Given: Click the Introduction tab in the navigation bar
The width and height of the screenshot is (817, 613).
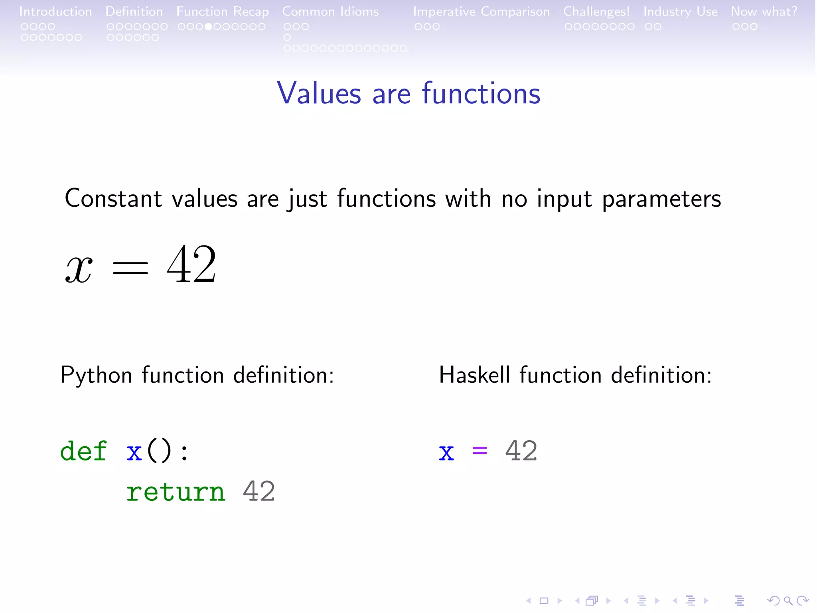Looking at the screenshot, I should pos(55,12).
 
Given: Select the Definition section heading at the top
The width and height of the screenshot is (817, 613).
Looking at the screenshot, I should pos(134,12).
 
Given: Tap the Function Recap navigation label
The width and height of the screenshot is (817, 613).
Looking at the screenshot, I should pos(223,12).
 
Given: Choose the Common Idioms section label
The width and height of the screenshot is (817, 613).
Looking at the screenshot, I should pos(330,12).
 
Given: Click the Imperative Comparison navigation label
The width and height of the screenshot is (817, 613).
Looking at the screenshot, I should pos(481,12).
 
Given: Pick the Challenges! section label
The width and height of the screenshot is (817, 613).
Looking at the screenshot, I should pos(596,12).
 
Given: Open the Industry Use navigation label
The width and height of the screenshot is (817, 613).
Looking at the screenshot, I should pos(680,12).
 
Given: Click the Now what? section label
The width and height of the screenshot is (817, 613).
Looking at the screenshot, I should pos(764,12).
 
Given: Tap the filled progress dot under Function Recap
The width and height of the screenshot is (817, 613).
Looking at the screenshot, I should pos(208,27).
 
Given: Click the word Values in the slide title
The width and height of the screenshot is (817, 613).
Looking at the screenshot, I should pos(319,93).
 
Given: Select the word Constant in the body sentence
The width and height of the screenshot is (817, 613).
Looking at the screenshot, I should pos(113,198).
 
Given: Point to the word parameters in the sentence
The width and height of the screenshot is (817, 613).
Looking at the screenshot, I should pos(661,199).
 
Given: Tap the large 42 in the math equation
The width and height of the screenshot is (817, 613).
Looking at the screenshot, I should pos(191,265).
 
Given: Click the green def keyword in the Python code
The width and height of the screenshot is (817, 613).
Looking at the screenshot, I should pos(83,451).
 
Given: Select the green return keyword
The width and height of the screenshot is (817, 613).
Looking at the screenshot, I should pos(176,492).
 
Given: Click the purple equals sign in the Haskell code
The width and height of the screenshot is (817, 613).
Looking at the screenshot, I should pos(480,451).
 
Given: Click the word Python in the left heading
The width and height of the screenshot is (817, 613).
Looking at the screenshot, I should pos(96,376).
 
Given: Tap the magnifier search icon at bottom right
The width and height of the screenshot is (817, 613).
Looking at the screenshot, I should pos(787,600).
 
